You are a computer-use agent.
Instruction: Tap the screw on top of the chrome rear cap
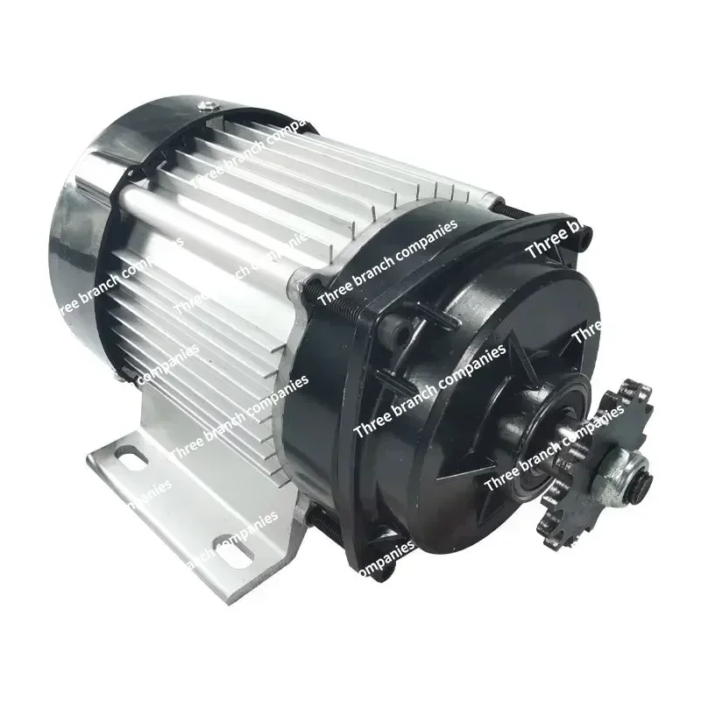pos(207,107)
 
